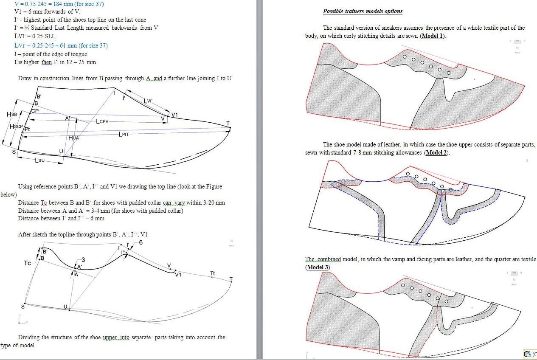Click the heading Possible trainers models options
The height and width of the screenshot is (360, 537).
pyautogui.click(x=363, y=11)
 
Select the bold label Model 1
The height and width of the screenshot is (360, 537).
pyautogui.click(x=432, y=36)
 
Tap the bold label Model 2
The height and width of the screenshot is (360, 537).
pyautogui.click(x=436, y=153)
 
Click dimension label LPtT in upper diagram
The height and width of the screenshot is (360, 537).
pyautogui.click(x=124, y=135)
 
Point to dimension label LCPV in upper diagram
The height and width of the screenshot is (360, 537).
pyautogui.click(x=102, y=121)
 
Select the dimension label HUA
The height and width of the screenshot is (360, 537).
pyautogui.click(x=73, y=138)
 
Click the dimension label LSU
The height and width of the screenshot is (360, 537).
pyautogui.click(x=40, y=160)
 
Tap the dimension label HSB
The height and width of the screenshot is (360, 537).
pyautogui.click(x=12, y=115)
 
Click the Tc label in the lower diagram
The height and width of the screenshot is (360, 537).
pyautogui.click(x=27, y=263)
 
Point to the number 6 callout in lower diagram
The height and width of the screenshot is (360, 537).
pyautogui.click(x=141, y=242)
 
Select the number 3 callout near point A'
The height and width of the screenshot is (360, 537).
pyautogui.click(x=83, y=260)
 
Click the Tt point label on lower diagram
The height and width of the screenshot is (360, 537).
pyautogui.click(x=213, y=274)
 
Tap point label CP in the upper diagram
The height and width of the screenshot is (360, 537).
pyautogui.click(x=35, y=111)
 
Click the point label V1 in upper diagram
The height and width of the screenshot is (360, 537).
pyautogui.click(x=175, y=115)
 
